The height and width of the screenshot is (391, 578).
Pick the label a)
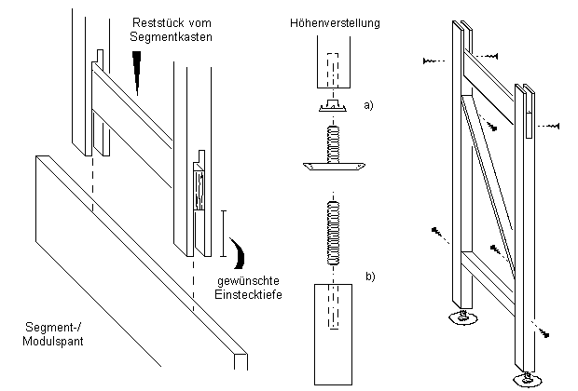(369, 105)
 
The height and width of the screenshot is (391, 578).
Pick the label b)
(369, 276)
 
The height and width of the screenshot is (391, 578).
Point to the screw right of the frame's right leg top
(549, 123)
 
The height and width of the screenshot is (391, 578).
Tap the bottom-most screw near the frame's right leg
(546, 332)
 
